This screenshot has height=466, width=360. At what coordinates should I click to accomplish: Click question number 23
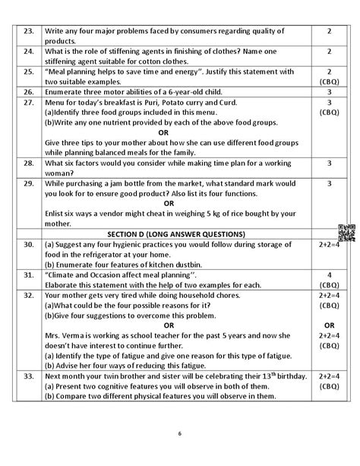coord(30,31)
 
